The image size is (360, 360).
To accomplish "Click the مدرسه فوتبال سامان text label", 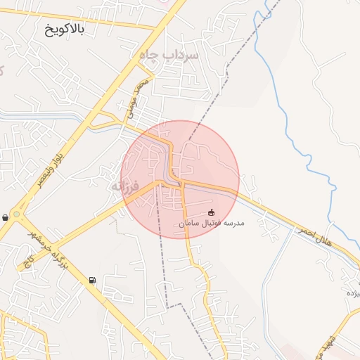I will pyautogui.click(x=212, y=223).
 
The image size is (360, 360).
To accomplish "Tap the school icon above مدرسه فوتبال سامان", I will pyautogui.click(x=212, y=212).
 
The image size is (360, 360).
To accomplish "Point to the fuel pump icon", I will pyautogui.click(x=92, y=281).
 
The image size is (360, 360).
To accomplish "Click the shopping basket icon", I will pyautogui.click(x=6, y=217).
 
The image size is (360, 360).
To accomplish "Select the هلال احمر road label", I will pyautogui.click(x=314, y=236).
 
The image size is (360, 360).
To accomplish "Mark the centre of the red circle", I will pyautogui.click(x=180, y=179).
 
